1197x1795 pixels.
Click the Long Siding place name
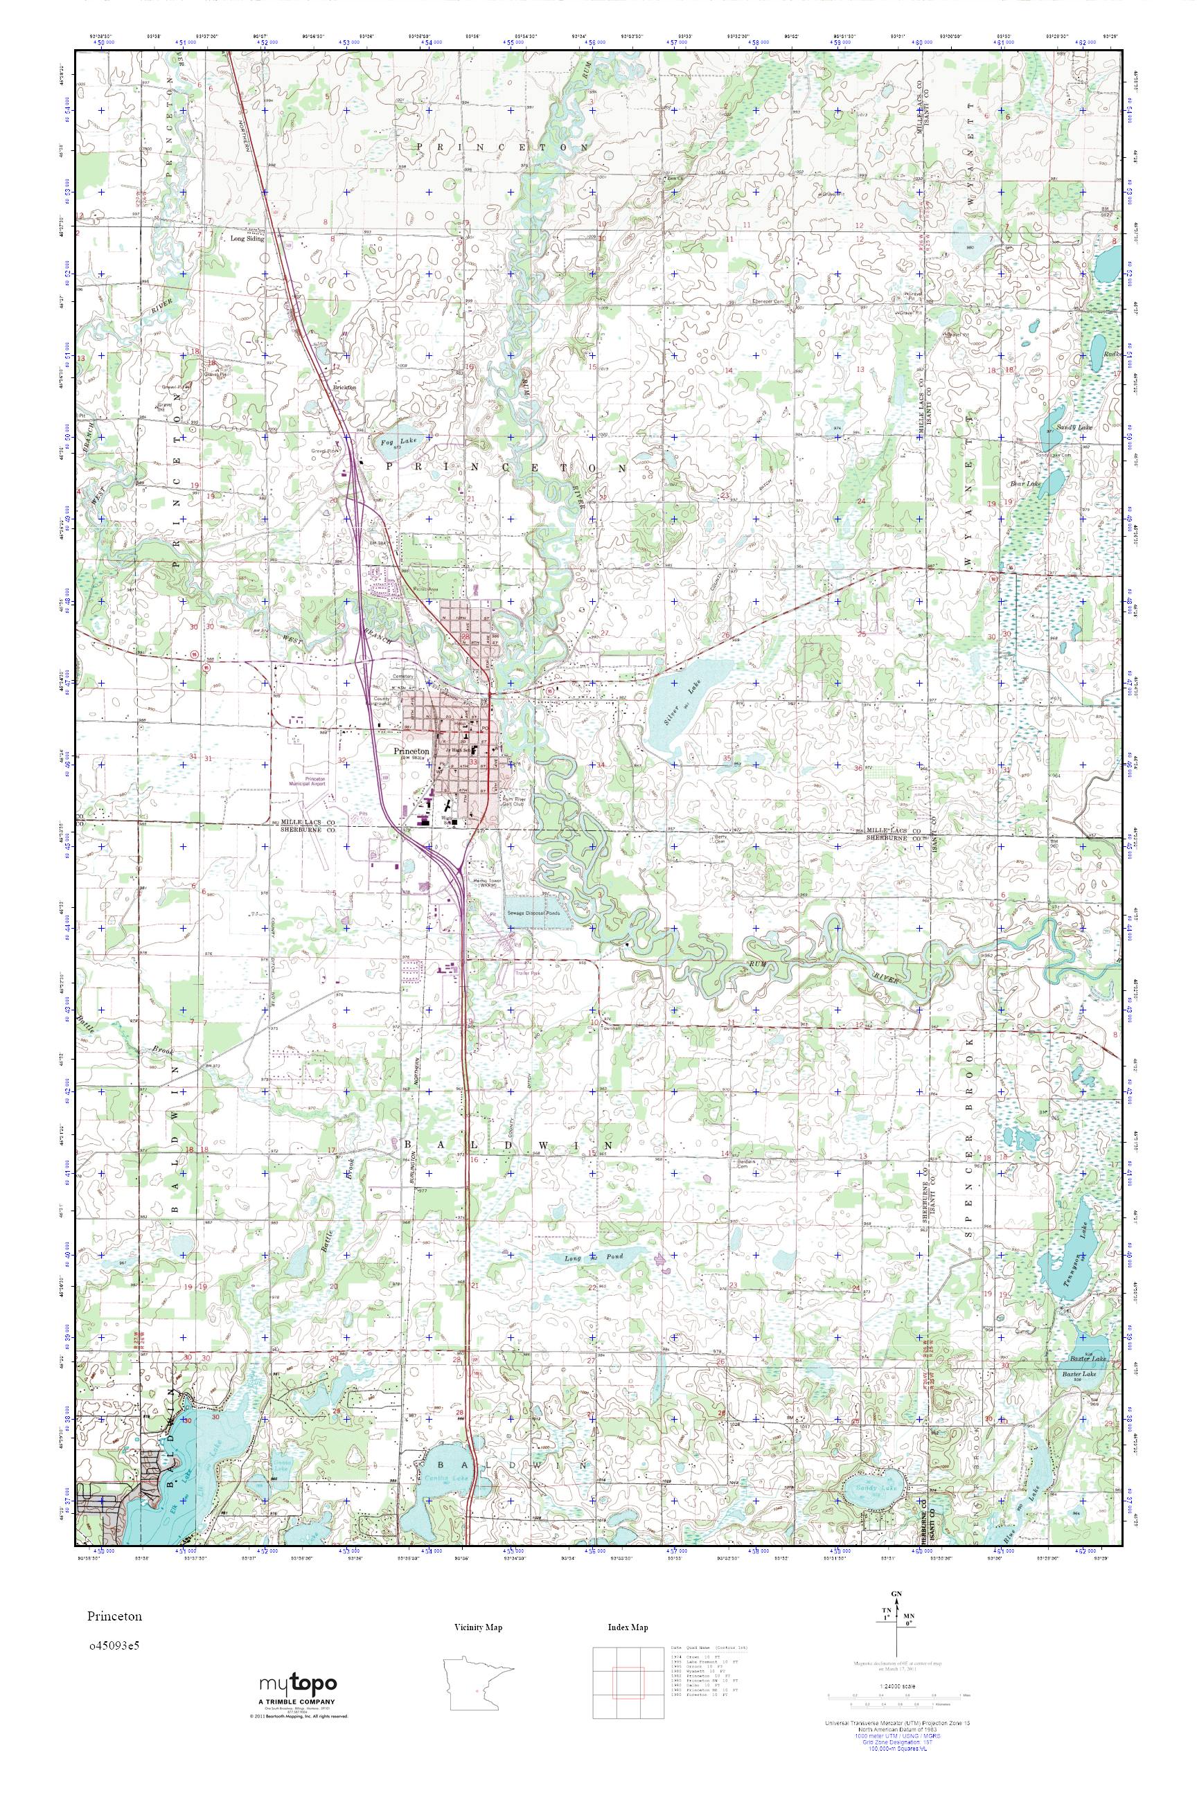click(247, 238)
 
